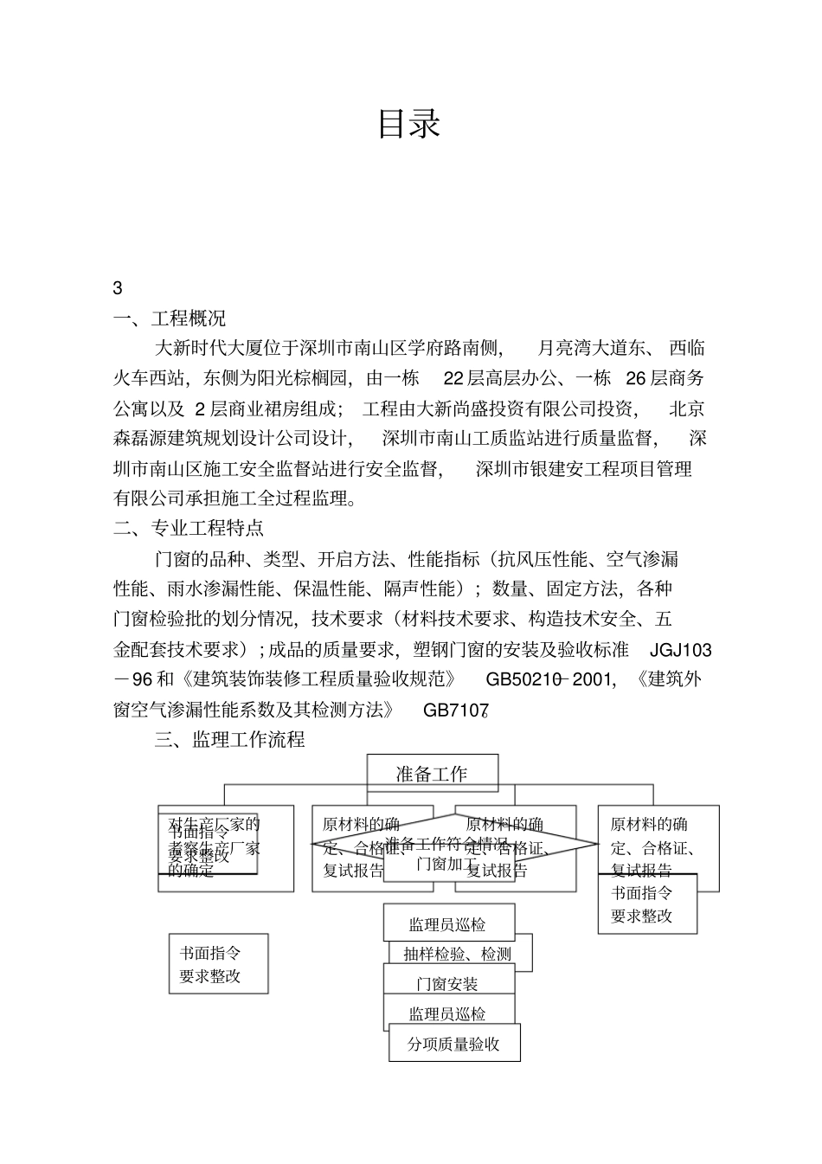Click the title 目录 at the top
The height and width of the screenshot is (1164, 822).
pos(409,124)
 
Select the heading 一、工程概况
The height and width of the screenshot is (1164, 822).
pos(170,318)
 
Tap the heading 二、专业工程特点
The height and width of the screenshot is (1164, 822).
pos(189,527)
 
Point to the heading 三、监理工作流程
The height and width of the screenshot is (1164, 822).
pos(229,740)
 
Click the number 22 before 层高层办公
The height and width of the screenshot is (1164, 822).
pos(454,378)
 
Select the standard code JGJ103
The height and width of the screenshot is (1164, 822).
pos(680,649)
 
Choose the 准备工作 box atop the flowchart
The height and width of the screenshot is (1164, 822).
pos(432,774)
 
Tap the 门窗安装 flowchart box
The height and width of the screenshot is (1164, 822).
pos(447,984)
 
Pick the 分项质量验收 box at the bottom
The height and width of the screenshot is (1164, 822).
pos(454,1044)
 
